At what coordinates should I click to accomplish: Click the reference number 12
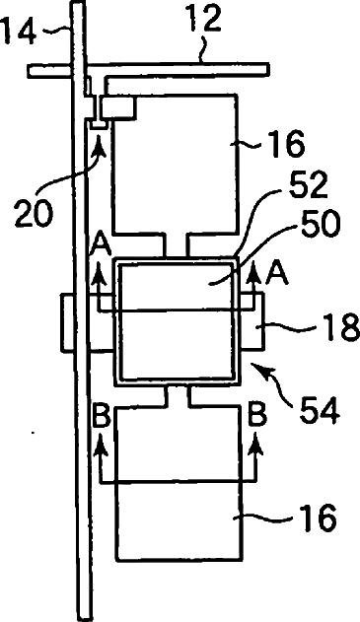click(x=204, y=19)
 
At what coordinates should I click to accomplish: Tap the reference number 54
click(x=320, y=410)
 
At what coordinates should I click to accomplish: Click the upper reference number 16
click(x=287, y=144)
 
